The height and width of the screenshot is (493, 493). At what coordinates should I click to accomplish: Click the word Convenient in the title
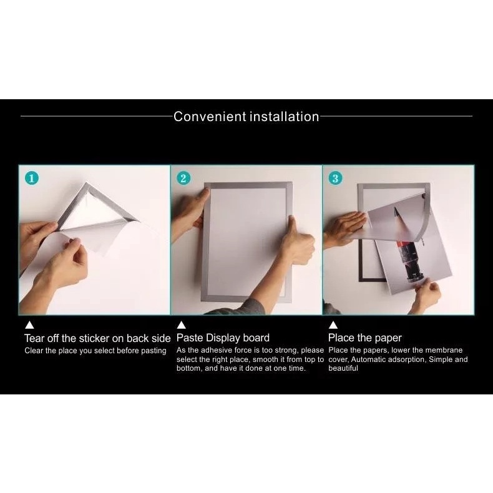[210, 116]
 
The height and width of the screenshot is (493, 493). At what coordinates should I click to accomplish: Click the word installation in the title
[284, 116]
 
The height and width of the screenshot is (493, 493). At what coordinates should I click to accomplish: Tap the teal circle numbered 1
[32, 178]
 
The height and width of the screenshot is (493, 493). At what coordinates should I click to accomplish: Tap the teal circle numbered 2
[183, 178]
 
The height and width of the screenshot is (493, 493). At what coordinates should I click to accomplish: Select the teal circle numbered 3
[335, 178]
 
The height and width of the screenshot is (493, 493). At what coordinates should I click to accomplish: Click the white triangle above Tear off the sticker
[29, 325]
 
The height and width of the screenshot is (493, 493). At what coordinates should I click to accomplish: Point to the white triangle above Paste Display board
[181, 325]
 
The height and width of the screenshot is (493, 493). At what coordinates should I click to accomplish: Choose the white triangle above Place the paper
[333, 325]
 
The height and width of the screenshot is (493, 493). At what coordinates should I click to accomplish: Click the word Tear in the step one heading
[34, 338]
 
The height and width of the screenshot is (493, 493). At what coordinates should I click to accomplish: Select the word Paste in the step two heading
[190, 338]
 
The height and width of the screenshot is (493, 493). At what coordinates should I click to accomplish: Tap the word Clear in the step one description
[33, 351]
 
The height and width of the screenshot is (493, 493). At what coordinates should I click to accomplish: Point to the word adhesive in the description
[217, 350]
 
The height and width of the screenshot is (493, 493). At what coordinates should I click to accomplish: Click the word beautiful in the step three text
[343, 368]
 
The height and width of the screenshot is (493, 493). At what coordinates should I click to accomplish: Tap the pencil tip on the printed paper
[396, 208]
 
